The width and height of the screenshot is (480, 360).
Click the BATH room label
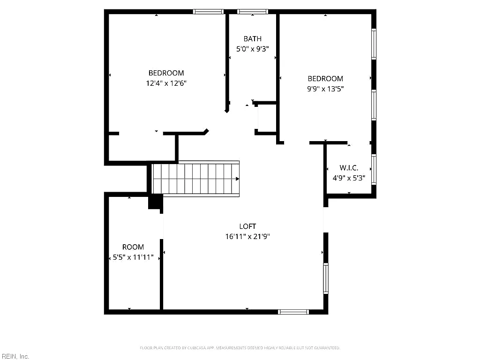tap(253, 39)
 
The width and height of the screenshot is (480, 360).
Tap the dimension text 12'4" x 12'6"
tap(166, 83)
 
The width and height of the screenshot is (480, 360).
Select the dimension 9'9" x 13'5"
tap(325, 89)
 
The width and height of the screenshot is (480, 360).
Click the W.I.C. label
tap(349, 168)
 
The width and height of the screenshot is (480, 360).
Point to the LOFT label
tap(247, 226)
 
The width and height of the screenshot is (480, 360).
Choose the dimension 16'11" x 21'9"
tap(247, 236)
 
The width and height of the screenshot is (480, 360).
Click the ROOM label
tap(133, 247)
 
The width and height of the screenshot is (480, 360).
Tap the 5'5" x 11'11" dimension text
tap(133, 257)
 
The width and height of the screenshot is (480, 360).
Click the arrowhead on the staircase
tap(237, 179)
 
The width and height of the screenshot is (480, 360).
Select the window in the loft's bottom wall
tap(293, 312)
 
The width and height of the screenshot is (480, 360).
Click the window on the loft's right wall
tap(326, 278)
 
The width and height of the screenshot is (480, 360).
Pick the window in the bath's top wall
tap(253, 12)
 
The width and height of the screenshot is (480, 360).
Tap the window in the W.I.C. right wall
tap(374, 170)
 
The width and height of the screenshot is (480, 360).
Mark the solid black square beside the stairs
tap(155, 202)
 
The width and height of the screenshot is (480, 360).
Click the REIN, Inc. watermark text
tap(15, 356)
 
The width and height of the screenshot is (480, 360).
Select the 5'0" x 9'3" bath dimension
tap(253, 49)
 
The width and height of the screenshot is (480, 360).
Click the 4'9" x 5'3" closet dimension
tap(349, 178)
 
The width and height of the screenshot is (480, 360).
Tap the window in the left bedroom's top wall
tap(208, 12)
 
